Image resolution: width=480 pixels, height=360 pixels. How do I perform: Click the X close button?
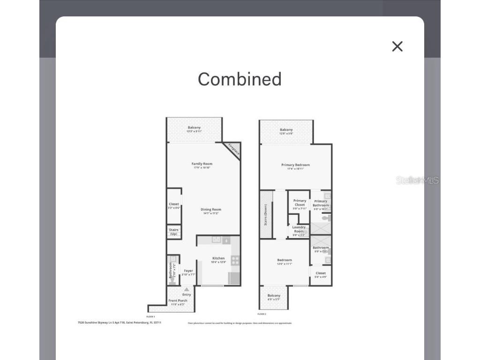[397, 46]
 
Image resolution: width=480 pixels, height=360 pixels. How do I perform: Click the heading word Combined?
[240, 79]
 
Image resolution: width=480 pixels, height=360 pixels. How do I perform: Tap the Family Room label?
[202, 164]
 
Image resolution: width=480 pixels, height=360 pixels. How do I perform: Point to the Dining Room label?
[211, 210]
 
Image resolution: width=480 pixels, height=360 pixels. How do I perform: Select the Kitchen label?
[218, 258]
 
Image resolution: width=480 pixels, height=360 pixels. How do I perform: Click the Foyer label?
[188, 271]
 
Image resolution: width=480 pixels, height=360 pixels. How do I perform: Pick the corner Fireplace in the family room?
[233, 150]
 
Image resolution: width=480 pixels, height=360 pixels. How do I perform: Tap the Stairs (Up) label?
[174, 232]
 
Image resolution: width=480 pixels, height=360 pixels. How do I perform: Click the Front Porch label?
[178, 301]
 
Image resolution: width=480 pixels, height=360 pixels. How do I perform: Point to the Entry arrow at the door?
[187, 290]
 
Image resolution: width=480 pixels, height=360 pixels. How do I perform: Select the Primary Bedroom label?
[295, 165]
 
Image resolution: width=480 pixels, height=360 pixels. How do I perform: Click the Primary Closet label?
[300, 202]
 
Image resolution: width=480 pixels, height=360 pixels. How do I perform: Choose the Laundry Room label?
[299, 229]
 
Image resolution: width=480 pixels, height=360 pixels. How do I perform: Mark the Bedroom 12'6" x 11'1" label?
[285, 260]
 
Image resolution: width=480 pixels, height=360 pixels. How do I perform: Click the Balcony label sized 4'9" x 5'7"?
[274, 296]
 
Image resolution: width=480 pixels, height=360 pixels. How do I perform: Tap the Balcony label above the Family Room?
[194, 128]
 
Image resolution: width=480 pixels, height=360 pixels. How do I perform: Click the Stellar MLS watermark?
[417, 180]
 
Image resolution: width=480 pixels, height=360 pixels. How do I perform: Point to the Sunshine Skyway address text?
[119, 322]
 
